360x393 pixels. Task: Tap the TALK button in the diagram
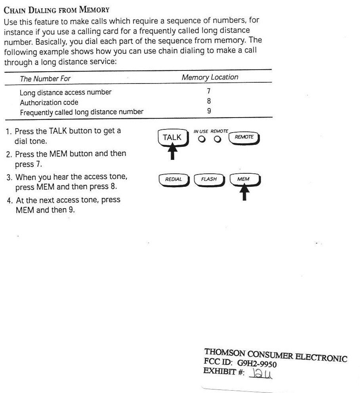coord(172,137)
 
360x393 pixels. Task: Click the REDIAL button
coord(173,179)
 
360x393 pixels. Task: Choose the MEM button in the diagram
coord(243,179)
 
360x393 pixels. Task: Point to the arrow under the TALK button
coord(172,151)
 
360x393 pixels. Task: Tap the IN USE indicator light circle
coord(202,139)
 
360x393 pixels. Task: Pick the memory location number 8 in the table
coord(209,102)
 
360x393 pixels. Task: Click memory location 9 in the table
coord(209,112)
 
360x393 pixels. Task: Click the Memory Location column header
coord(210,78)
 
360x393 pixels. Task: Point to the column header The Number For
coord(45,79)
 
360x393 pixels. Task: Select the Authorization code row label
coord(49,103)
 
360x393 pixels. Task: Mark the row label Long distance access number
coord(66,93)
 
